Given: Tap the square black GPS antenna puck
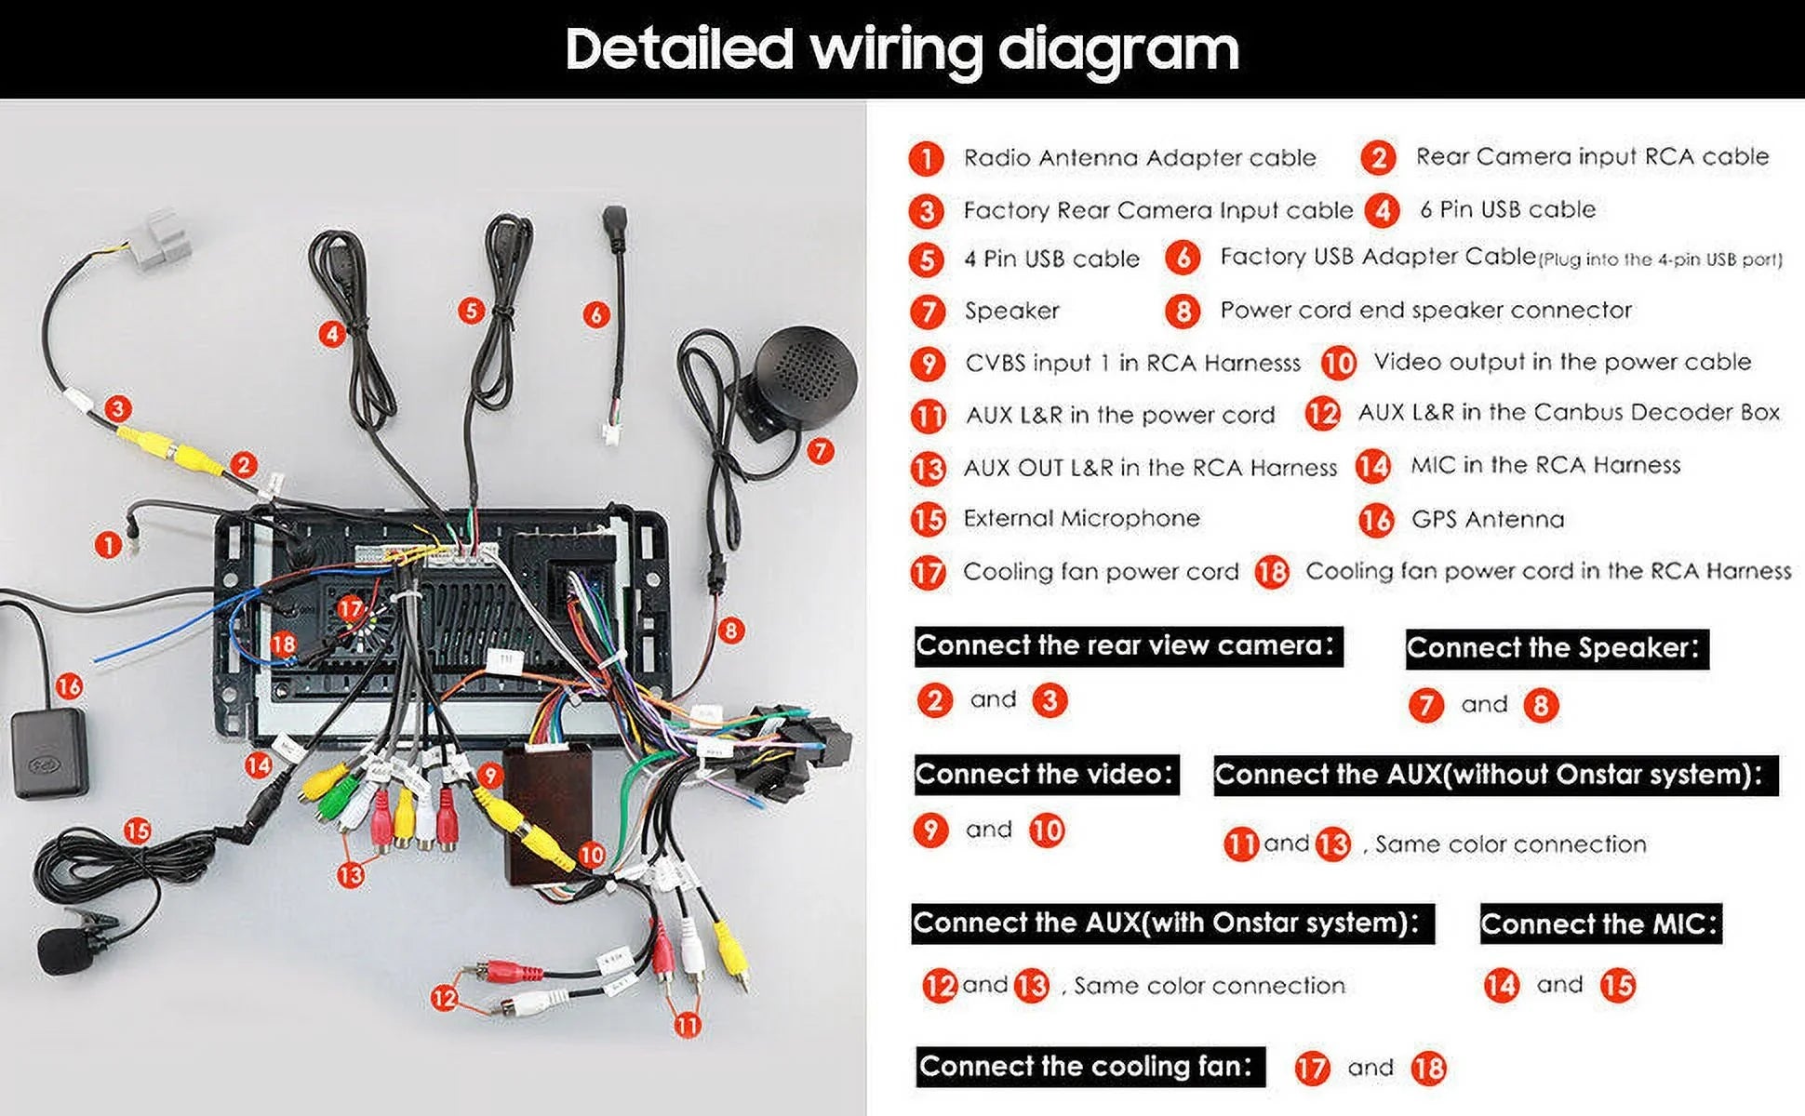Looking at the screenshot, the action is pos(49,753).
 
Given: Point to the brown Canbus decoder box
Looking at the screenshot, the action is pos(548,815).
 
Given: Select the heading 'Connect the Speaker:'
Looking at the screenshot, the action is pos(1557,647).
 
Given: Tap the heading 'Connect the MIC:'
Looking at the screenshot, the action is pos(1600,923).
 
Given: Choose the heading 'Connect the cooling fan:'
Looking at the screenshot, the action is pos(1090,1066).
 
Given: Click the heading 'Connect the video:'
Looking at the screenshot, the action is pos(1046,774).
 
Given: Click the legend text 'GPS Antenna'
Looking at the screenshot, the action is pos(1488,519).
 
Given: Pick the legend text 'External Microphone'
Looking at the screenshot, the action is pos(1081,518).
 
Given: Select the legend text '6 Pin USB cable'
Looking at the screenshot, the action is pos(1507,209).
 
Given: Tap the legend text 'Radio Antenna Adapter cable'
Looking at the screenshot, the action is pos(1140,158).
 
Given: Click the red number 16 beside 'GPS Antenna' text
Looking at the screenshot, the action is pos(1376,520).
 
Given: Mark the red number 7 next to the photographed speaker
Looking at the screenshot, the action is pos(820,451).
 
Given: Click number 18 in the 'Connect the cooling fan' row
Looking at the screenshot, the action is pos(1428,1068).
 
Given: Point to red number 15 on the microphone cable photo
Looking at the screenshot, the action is pos(137,830).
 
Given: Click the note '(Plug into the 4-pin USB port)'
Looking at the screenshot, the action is pos(1661,260).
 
